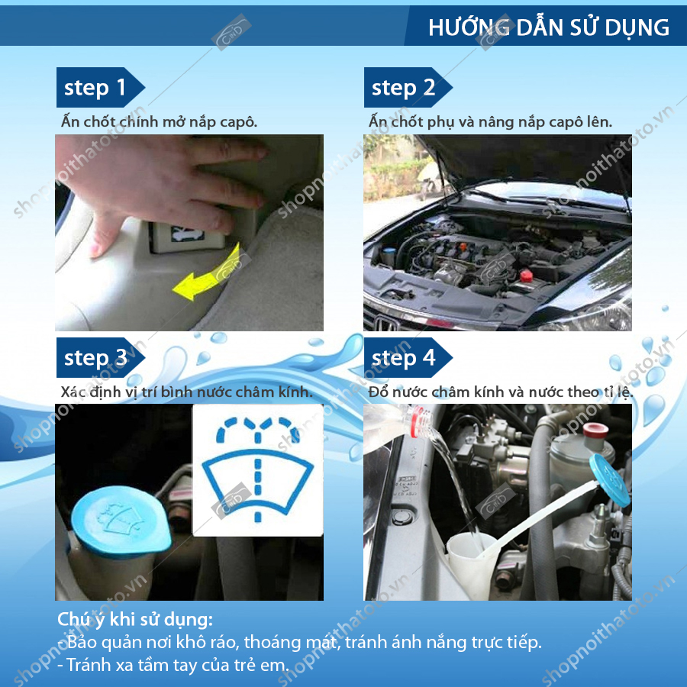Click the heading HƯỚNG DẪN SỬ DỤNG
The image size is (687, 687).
549,27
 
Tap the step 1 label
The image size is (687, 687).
95,87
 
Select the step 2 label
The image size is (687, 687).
403,87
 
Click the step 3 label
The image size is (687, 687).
95,357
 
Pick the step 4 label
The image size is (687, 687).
403,357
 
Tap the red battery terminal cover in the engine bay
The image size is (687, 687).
526,276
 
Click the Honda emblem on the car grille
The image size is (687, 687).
384,324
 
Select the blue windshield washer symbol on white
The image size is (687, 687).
258,469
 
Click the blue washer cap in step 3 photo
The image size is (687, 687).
121,522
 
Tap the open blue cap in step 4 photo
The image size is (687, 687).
609,480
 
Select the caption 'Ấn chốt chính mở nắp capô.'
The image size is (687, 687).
159,121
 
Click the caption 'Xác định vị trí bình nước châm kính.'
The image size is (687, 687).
187,392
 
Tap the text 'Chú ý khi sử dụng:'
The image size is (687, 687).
135,620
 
